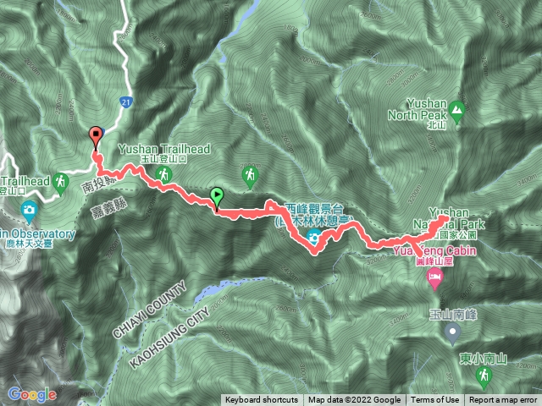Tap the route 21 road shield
click(125, 101)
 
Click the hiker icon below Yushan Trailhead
click(163, 174)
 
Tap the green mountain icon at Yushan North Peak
click(457, 109)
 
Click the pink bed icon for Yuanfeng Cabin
click(435, 277)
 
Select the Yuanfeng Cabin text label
click(435, 251)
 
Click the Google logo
click(31, 394)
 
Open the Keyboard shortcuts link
click(261, 400)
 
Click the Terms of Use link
click(435, 400)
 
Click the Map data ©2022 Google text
click(354, 400)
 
